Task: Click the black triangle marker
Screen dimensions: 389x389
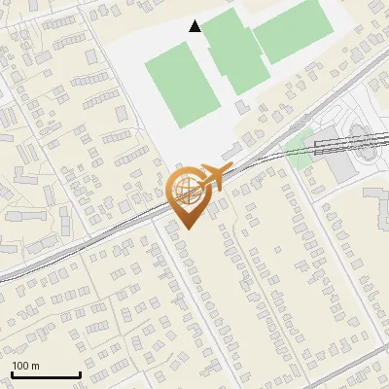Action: pyautogui.click(x=195, y=26)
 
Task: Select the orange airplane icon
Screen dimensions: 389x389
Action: pyautogui.click(x=214, y=177)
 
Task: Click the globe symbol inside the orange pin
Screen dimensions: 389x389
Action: pyautogui.click(x=185, y=189)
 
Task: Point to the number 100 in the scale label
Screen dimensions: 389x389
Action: pyautogui.click(x=20, y=366)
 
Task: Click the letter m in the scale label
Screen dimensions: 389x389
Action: pyautogui.click(x=35, y=366)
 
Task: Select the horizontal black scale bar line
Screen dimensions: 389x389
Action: pyautogui.click(x=46, y=375)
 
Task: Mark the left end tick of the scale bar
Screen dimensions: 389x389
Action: pyautogui.click(x=12, y=373)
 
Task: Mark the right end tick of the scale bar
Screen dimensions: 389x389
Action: pyautogui.click(x=80, y=373)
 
